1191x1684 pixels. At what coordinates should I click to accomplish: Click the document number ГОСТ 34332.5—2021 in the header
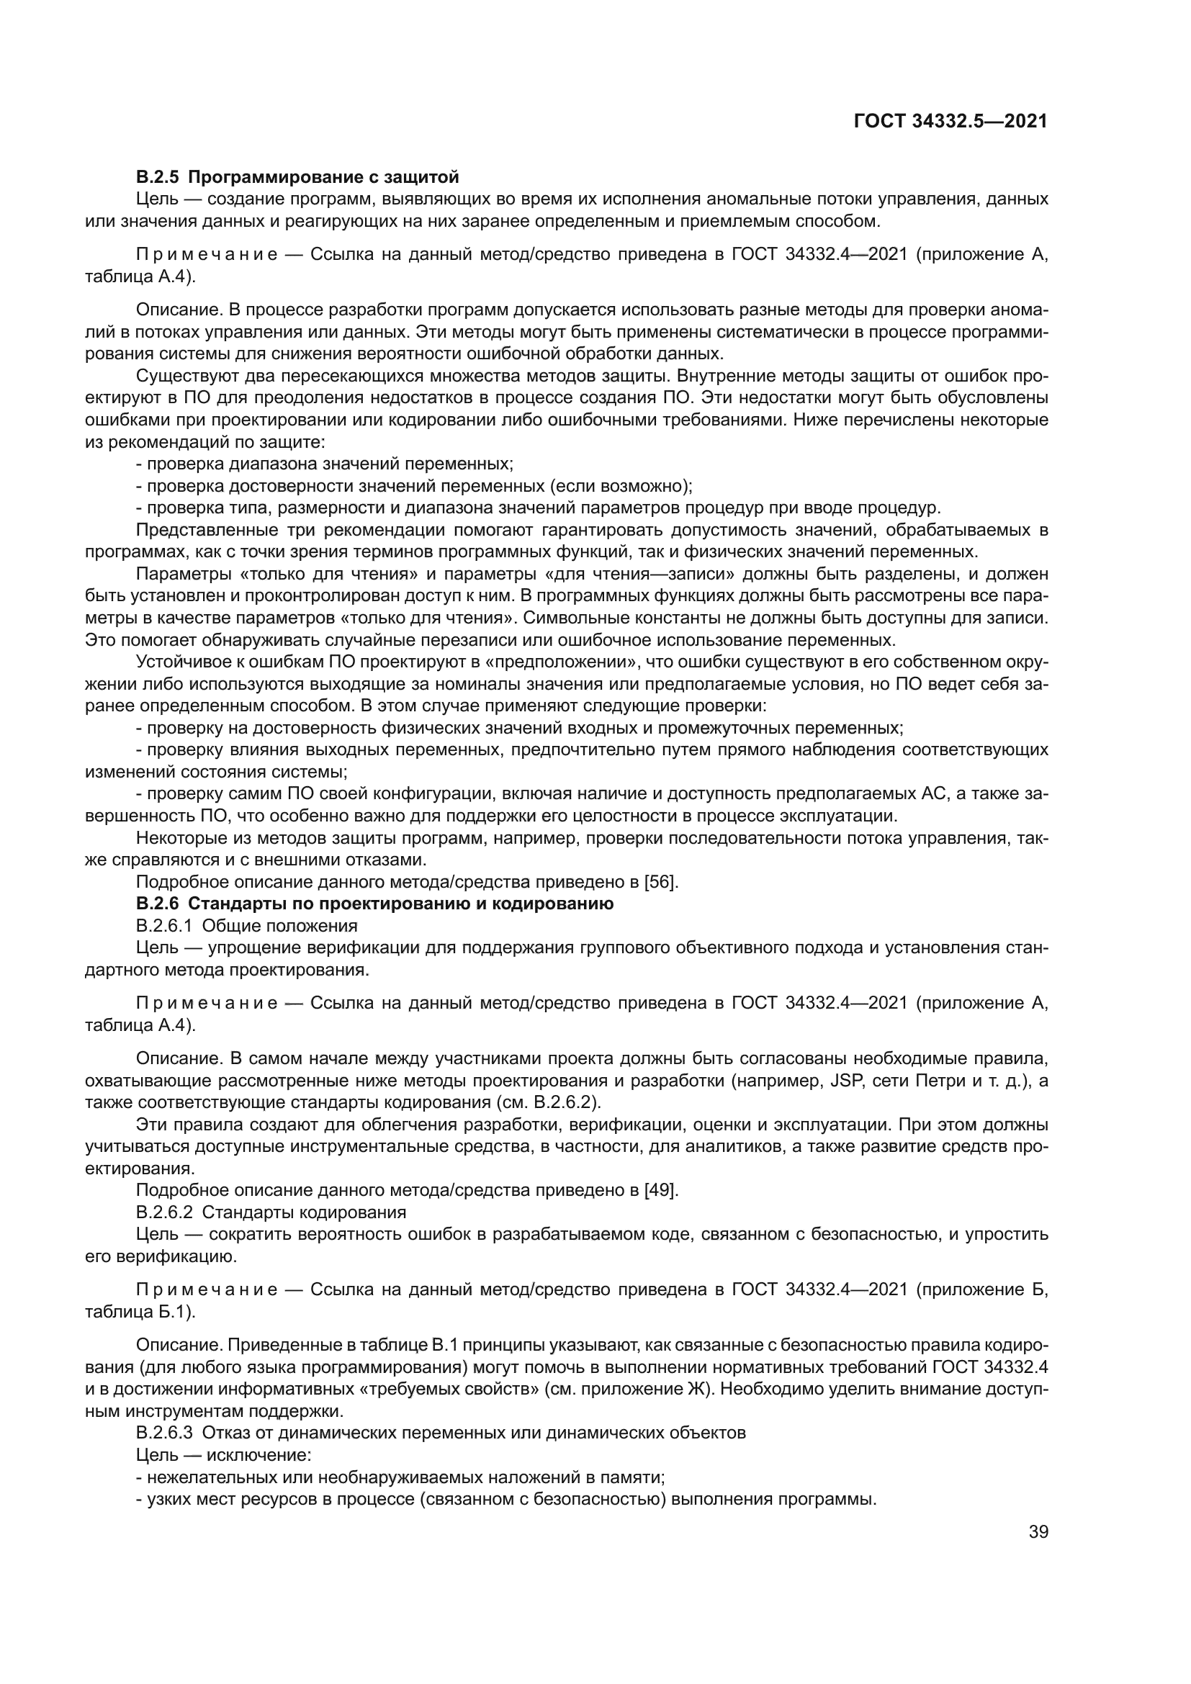tap(950, 122)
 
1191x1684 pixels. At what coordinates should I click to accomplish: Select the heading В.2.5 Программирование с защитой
tap(298, 177)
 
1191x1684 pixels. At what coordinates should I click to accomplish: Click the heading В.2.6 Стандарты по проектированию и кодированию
tap(374, 904)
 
